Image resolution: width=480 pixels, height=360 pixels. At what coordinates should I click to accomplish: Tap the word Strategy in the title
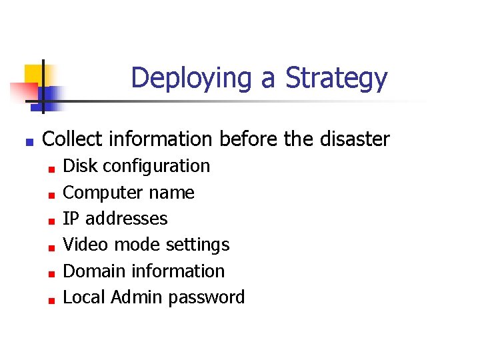(x=336, y=79)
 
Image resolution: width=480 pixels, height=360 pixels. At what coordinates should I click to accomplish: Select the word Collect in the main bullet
(x=72, y=139)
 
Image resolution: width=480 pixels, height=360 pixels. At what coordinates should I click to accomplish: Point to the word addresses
(x=127, y=219)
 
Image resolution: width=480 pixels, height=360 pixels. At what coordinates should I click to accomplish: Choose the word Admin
(x=137, y=297)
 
